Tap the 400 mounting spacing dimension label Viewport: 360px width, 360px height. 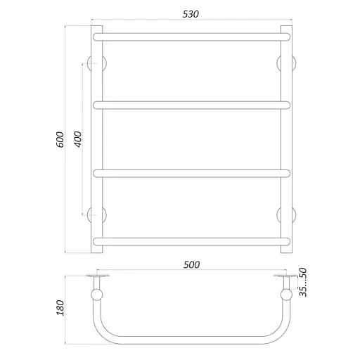pyautogui.click(x=78, y=139)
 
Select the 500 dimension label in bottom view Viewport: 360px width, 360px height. pyautogui.click(x=191, y=264)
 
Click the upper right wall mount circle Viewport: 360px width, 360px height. pyautogui.click(x=285, y=63)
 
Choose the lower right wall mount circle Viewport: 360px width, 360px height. pyautogui.click(x=285, y=214)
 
